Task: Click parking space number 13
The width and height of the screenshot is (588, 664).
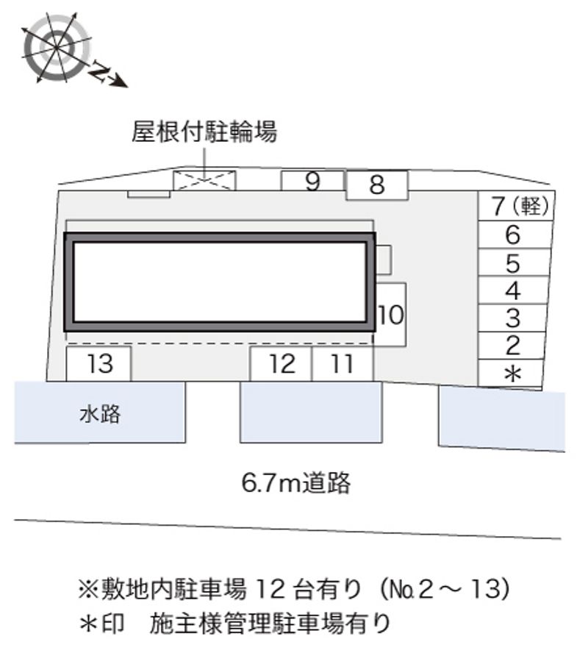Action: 99,363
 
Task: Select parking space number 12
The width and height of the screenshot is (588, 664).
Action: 282,363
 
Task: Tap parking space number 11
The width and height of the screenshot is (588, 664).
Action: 343,363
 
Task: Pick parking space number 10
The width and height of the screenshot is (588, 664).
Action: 391,315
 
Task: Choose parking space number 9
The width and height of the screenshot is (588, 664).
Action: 313,181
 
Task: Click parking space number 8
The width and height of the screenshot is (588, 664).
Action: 376,185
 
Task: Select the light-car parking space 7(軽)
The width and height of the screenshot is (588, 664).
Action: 514,207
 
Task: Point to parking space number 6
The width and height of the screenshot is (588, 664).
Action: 514,235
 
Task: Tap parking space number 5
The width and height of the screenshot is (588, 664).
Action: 514,263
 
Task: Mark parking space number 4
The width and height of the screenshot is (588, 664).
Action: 514,290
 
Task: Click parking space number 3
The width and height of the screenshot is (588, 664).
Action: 514,318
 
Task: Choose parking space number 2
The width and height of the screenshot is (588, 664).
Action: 514,346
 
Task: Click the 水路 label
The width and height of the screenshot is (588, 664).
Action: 100,414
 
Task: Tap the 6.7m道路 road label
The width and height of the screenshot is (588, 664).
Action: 296,483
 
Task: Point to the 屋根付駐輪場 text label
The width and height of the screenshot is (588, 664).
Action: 204,132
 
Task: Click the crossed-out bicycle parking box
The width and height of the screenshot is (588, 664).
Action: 205,179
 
